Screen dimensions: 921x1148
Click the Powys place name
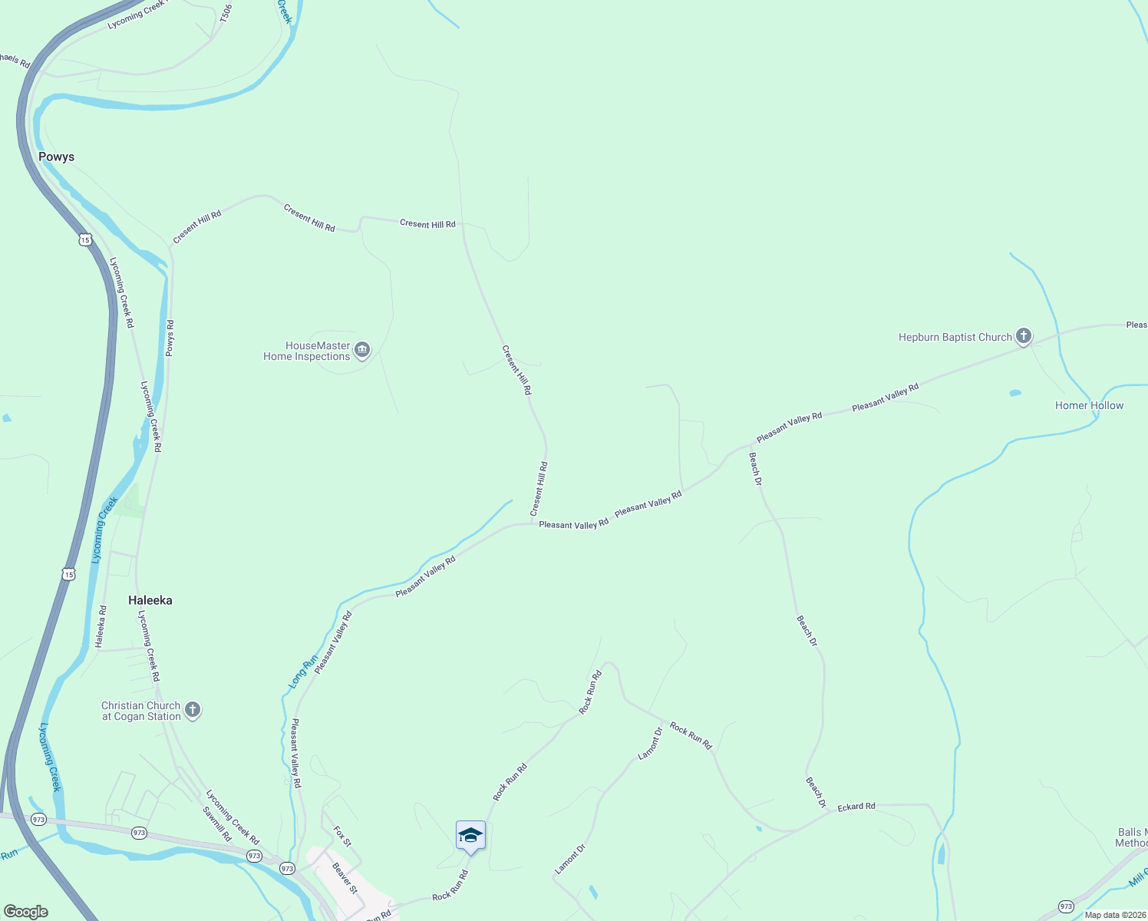[x=56, y=157]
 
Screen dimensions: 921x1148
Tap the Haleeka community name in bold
[x=150, y=600]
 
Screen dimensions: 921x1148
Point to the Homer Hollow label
[x=1089, y=405]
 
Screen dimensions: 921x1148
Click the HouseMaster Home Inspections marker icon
[x=363, y=351]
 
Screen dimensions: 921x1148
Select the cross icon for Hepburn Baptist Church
[x=1023, y=336]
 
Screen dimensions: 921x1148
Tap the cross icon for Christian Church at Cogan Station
[x=193, y=710]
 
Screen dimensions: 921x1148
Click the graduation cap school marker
[x=470, y=836]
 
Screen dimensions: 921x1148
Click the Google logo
[x=26, y=912]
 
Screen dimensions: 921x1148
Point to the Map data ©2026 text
[x=1113, y=915]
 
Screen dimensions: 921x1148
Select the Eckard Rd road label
[x=856, y=807]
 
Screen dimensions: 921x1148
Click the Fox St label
[x=342, y=837]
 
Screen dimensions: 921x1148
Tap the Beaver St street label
[x=345, y=878]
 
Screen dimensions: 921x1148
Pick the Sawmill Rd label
[x=217, y=824]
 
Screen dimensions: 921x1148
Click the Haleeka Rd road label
[x=101, y=626]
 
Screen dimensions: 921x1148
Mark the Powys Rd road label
[x=170, y=338]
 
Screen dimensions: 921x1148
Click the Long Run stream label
[x=302, y=672]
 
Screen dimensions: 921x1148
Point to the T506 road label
[x=226, y=12]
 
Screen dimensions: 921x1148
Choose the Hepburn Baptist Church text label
[x=955, y=337]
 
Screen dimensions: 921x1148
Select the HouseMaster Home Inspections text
[x=307, y=352]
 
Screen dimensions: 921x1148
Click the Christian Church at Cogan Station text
[x=141, y=711]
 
